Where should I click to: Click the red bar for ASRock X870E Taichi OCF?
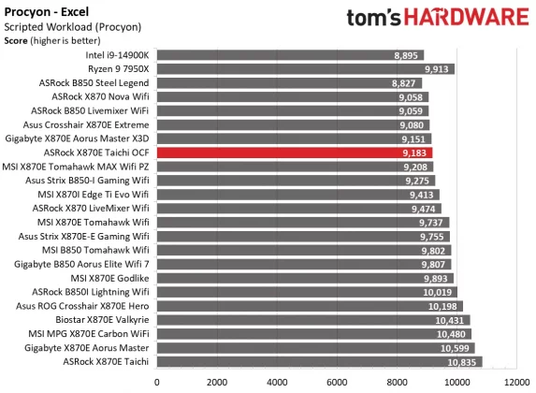[294, 152]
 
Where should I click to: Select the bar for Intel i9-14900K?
[290, 55]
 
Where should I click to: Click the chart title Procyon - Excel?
[47, 9]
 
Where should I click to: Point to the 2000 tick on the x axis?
[216, 381]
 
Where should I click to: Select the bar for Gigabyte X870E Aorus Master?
[315, 347]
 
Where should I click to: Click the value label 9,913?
[437, 69]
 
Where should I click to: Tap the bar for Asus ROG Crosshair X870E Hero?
[309, 306]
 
